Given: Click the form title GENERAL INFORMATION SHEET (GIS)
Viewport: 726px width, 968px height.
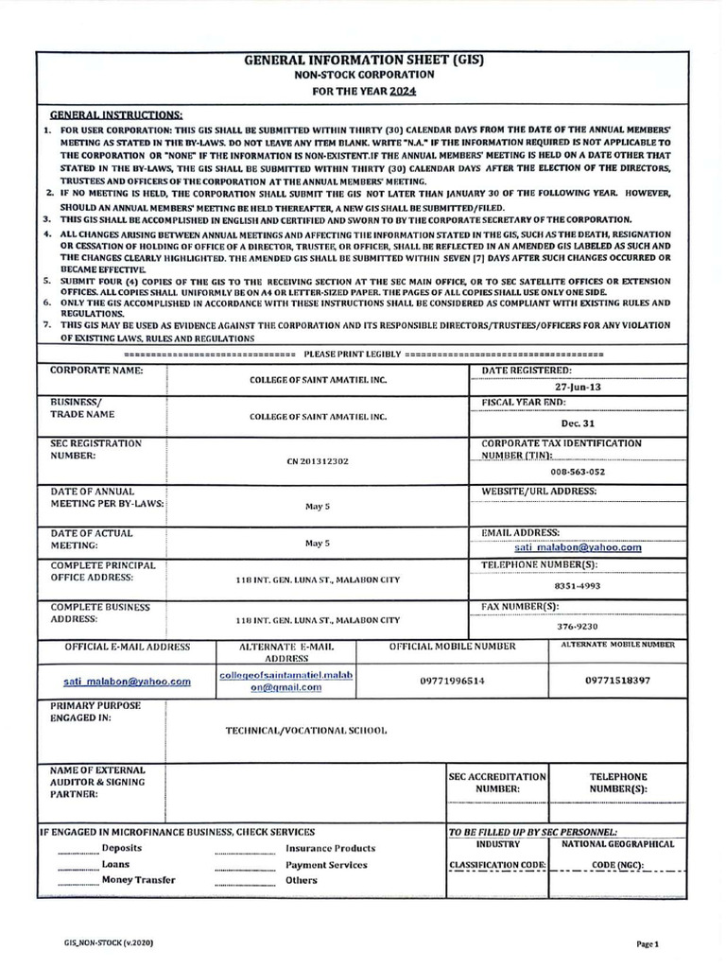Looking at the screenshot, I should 363,59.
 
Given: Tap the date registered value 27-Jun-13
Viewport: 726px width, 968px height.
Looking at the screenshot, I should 577,387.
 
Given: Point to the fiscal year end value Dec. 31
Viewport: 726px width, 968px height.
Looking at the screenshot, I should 576,425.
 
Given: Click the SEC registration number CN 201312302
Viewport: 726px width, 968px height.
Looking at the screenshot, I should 317,461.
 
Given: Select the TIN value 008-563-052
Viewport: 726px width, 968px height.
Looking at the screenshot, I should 578,472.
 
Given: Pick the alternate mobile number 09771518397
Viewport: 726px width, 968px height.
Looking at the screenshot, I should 617,680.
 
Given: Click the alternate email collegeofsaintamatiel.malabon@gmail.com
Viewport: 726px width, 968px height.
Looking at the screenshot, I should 270,682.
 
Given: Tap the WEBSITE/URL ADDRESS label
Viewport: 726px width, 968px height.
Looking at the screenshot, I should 539,492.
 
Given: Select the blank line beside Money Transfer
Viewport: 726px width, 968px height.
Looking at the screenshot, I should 78,880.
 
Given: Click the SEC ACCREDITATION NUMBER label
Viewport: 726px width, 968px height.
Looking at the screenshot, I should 497,781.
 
